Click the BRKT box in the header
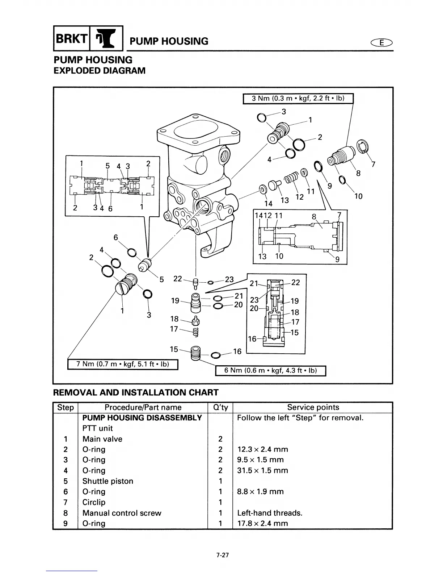point(71,38)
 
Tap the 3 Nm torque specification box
point(298,99)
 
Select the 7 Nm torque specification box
point(123,363)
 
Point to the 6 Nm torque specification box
point(270,370)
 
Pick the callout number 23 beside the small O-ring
point(229,279)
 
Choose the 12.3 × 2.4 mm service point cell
point(262,449)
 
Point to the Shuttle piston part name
point(107,481)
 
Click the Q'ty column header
point(220,407)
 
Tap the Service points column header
point(313,407)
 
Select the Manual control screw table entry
point(122,513)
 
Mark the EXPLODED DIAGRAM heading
point(99,70)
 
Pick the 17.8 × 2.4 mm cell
point(262,523)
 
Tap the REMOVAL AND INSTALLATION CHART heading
point(136,392)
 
